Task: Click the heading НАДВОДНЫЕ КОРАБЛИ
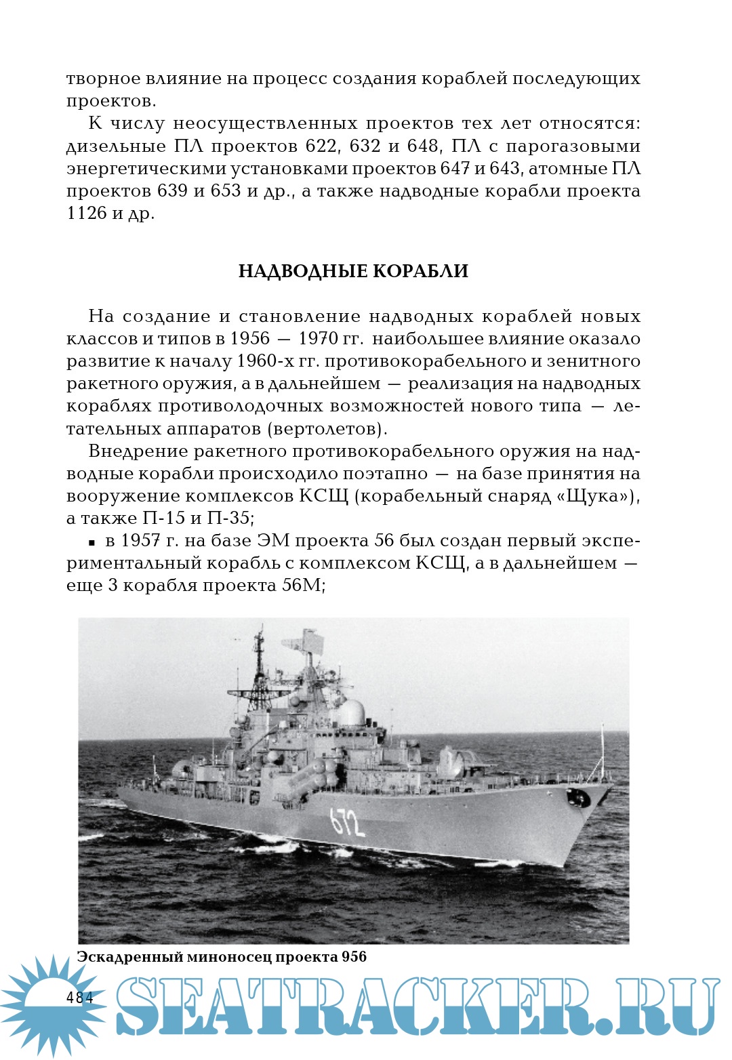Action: (x=353, y=271)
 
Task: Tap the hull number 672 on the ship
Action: (x=347, y=822)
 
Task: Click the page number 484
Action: (x=79, y=997)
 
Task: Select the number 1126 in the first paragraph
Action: (x=87, y=213)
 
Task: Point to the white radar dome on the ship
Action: (x=350, y=713)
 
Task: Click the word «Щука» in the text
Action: (x=594, y=496)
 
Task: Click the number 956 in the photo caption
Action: (x=354, y=956)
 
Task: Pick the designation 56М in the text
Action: (x=300, y=586)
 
